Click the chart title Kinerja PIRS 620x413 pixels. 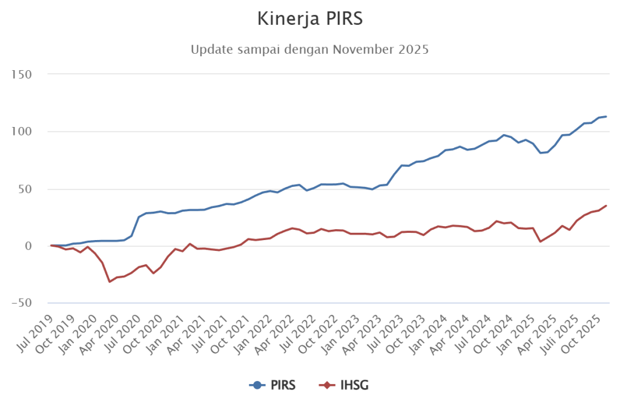(309, 19)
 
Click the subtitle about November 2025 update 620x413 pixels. (309, 50)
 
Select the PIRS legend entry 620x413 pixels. (272, 385)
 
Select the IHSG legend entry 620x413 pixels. (345, 385)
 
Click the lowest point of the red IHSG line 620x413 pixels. (110, 282)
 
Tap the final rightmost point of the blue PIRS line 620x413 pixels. (605, 116)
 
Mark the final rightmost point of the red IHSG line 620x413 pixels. (605, 206)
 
